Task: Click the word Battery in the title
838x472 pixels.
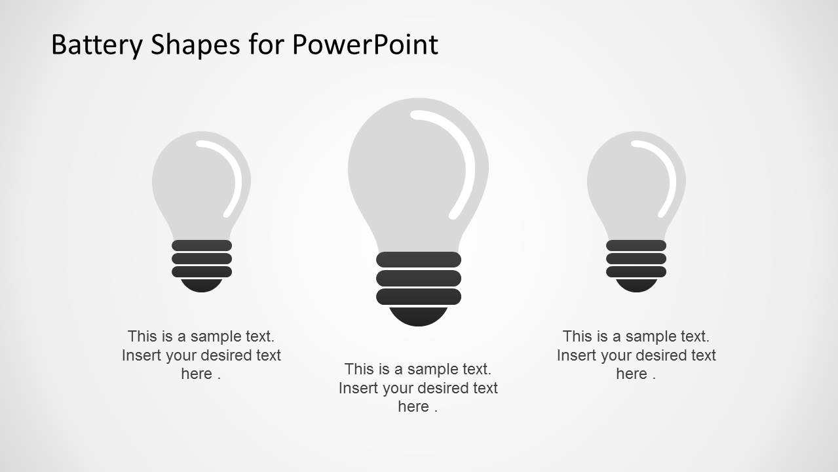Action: point(97,45)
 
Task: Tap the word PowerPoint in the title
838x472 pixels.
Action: point(365,45)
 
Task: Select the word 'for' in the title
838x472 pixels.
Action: point(267,45)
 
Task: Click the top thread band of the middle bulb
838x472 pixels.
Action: point(419,260)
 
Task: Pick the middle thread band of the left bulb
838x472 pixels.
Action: point(202,258)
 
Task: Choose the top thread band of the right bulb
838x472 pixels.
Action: point(636,245)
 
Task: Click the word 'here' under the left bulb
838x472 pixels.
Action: point(197,374)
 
